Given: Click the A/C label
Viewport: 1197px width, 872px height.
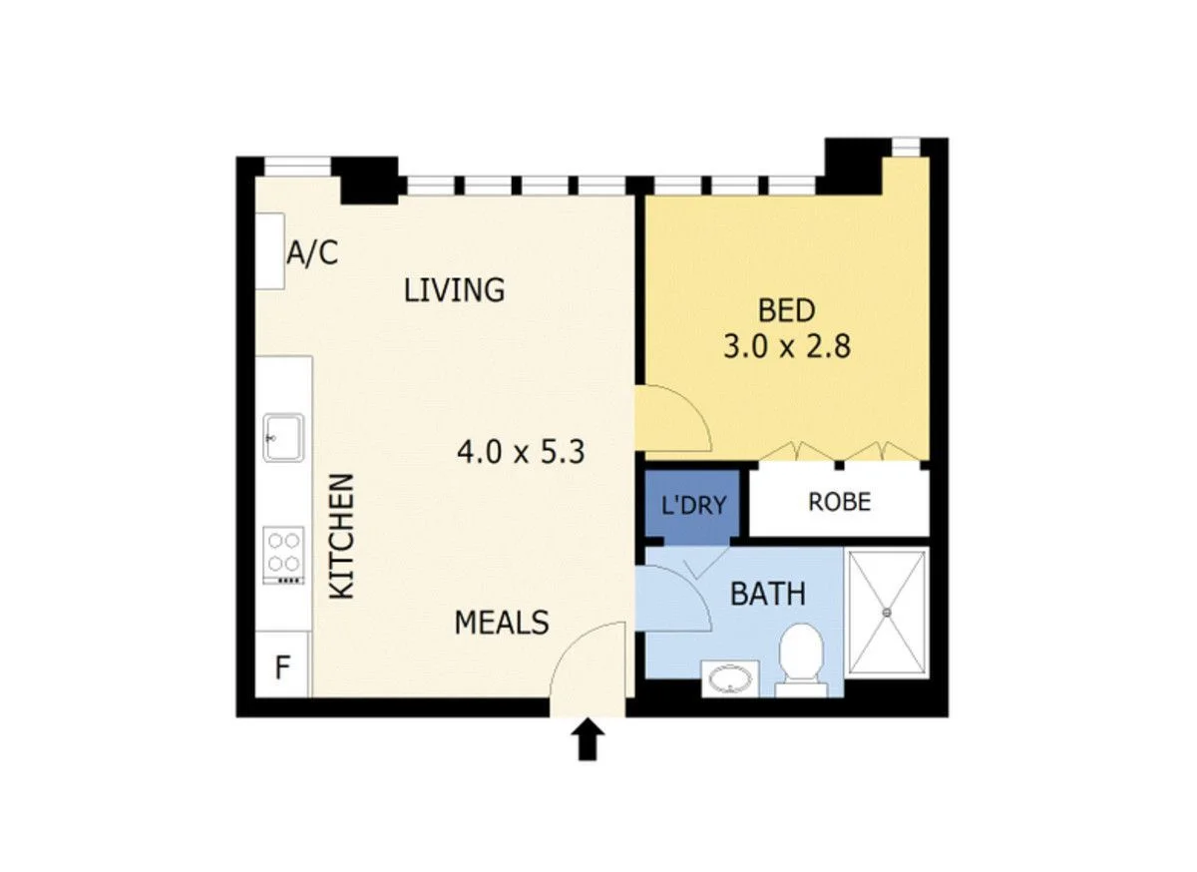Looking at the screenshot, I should pyautogui.click(x=312, y=253).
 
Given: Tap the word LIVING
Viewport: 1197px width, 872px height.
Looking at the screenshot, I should pyautogui.click(x=454, y=290).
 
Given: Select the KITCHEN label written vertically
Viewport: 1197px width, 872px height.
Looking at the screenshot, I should pyautogui.click(x=342, y=536).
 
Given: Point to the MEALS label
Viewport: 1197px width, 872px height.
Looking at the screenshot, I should pyautogui.click(x=502, y=623).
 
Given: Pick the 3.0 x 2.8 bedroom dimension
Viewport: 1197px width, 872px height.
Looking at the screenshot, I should pyautogui.click(x=787, y=347).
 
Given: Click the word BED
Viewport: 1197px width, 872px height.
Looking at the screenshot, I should pyautogui.click(x=786, y=311).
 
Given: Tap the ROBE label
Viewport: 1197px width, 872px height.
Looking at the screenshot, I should pyautogui.click(x=839, y=501).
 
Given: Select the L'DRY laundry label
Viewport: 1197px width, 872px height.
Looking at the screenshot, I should pyautogui.click(x=694, y=506).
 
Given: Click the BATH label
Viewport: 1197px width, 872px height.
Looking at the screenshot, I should pyautogui.click(x=767, y=595).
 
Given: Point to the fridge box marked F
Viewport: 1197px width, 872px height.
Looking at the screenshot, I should pyautogui.click(x=283, y=665).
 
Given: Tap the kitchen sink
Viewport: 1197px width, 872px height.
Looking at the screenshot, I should pyautogui.click(x=284, y=437).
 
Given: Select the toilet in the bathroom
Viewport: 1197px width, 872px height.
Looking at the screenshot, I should pyautogui.click(x=801, y=656).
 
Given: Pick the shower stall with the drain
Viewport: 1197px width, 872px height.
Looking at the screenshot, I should pyautogui.click(x=887, y=609).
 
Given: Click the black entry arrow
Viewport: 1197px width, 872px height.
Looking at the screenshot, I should pyautogui.click(x=589, y=741).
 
